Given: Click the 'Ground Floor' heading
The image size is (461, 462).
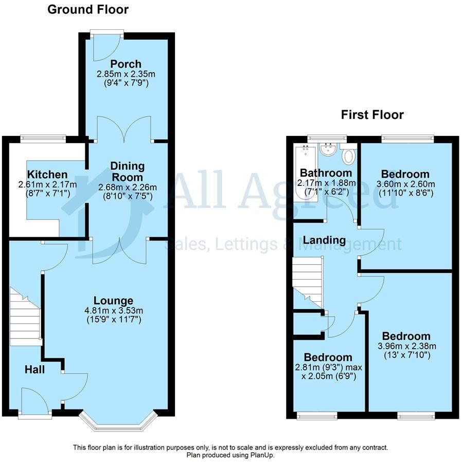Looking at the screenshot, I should pyautogui.click(x=88, y=9).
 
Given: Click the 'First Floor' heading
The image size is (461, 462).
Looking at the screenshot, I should pyautogui.click(x=372, y=114).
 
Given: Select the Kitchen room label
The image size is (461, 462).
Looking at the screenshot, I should pyautogui.click(x=47, y=175).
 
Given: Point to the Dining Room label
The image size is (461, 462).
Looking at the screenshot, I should pyautogui.click(x=127, y=171).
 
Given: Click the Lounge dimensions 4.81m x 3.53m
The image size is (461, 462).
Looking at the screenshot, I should pyautogui.click(x=113, y=310).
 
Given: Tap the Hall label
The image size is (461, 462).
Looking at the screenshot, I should pyautogui.click(x=35, y=369).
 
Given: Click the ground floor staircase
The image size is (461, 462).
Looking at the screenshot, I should pyautogui.click(x=25, y=319).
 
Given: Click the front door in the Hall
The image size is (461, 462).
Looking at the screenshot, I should pyautogui.click(x=35, y=402).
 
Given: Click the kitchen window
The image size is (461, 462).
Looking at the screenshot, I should pyautogui.click(x=43, y=138).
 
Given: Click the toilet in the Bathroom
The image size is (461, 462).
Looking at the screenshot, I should pyautogui.click(x=349, y=156).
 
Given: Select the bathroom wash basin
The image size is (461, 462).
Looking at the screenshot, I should pyautogui.click(x=327, y=150).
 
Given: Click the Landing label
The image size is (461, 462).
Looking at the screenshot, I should pyautogui.click(x=324, y=240).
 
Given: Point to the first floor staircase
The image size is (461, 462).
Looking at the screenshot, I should pyautogui.click(x=307, y=281).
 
